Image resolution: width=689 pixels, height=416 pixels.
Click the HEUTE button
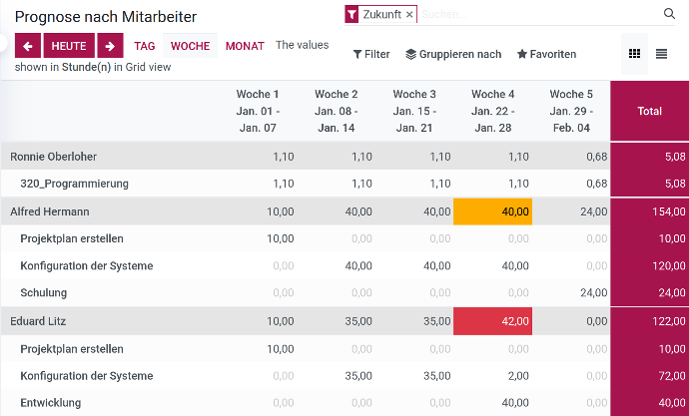tap(69, 46)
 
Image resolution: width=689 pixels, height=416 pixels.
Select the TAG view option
tap(145, 46)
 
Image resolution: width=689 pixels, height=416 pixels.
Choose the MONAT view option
tap(245, 46)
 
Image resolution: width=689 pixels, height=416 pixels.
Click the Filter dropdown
tap(371, 54)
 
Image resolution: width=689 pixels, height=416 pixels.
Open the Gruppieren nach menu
tap(453, 54)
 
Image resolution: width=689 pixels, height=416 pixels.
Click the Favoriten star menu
tap(546, 54)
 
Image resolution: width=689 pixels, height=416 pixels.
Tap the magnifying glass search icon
tap(669, 14)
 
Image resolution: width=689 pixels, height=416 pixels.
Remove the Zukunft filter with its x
tap(409, 15)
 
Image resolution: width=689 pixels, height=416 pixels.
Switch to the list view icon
tap(661, 54)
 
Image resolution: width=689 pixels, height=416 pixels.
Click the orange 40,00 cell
tap(493, 211)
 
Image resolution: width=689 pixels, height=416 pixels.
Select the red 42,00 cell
tap(493, 321)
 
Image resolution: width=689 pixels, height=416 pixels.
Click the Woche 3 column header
tap(414, 111)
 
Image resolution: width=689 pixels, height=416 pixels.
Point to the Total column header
tap(649, 111)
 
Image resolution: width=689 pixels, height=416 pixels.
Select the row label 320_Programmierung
tap(75, 184)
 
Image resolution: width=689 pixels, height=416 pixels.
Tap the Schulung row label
tap(44, 293)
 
